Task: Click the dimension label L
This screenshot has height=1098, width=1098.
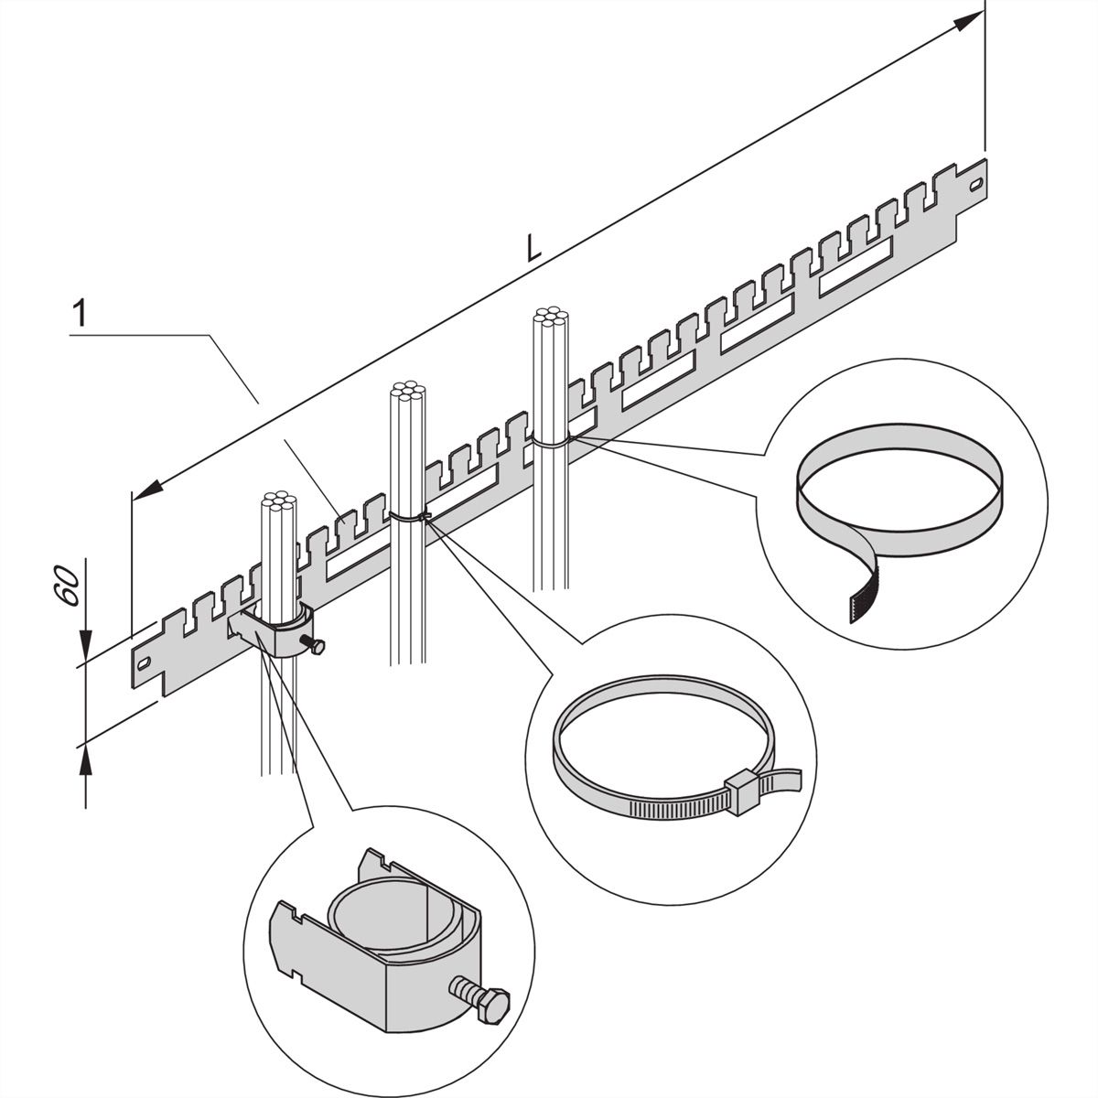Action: pyautogui.click(x=533, y=247)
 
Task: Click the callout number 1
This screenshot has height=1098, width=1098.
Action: pyautogui.click(x=81, y=314)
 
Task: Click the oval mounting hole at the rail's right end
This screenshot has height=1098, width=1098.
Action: pyautogui.click(x=978, y=185)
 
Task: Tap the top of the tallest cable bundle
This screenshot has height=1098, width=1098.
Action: pyautogui.click(x=551, y=319)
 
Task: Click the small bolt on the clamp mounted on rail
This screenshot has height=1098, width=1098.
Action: pyautogui.click(x=317, y=649)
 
